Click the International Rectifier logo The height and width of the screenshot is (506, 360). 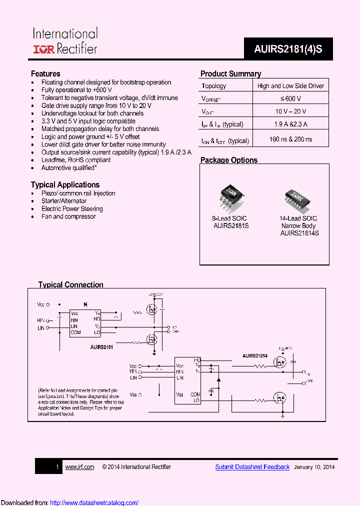click(65, 41)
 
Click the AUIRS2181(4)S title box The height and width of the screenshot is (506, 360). click(288, 49)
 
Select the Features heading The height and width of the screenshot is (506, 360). click(45, 73)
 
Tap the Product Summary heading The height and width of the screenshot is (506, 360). click(230, 73)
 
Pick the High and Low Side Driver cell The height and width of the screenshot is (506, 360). click(290, 86)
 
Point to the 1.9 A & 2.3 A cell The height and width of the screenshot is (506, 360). click(290, 124)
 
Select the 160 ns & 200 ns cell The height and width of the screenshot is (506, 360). click(290, 139)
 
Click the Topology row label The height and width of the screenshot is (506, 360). click(214, 86)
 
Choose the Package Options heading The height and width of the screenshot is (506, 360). click(229, 160)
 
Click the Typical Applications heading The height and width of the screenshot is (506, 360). click(65, 184)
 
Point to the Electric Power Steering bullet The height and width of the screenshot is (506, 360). click(72, 209)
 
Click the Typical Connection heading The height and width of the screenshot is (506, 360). click(71, 285)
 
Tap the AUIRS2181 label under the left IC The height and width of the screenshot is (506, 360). click(101, 346)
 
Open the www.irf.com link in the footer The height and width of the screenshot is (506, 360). click(79, 467)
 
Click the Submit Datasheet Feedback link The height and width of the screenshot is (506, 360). click(252, 467)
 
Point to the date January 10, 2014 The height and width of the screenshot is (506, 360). click(314, 467)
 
